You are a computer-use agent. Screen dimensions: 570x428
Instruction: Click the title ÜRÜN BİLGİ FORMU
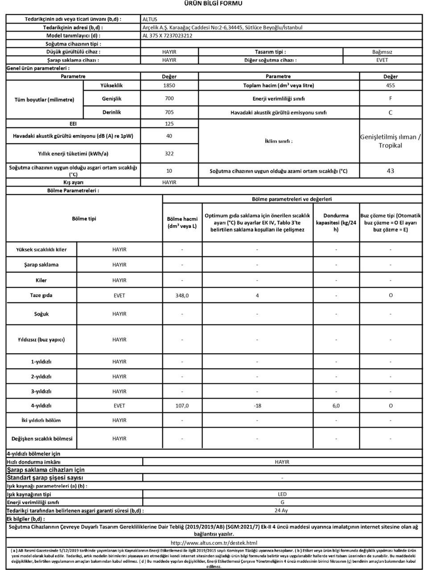click(214, 4)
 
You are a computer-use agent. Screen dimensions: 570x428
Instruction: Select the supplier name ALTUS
click(150, 19)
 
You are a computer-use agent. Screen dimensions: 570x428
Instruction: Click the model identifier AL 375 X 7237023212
click(167, 36)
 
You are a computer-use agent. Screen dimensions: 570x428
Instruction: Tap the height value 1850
click(169, 85)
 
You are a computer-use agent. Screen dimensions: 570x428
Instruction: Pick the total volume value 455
click(390, 85)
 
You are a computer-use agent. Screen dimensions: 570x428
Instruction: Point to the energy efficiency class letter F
click(391, 98)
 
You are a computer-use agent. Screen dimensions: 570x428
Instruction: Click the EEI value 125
click(169, 124)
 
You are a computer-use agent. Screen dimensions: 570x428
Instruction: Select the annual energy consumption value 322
click(169, 154)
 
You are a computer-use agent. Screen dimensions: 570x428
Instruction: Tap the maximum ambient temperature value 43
click(391, 171)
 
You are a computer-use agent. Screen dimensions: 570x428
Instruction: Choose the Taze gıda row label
click(41, 295)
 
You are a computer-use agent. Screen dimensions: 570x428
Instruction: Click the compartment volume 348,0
click(182, 296)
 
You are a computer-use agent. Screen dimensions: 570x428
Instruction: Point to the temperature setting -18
click(257, 406)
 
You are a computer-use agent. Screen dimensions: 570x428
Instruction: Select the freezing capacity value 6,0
click(336, 406)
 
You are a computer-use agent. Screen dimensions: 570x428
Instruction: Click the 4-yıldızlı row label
click(41, 406)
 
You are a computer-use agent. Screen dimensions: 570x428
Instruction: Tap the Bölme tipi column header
click(84, 219)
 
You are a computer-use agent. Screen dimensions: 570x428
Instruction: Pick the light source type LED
click(282, 494)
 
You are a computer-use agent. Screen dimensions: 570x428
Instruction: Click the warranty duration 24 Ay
click(281, 511)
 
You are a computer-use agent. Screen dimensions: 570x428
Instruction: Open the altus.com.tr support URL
click(214, 543)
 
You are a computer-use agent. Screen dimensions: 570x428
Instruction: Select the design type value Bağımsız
click(382, 52)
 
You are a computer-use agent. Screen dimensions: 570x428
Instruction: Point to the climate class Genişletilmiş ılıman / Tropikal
click(390, 141)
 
